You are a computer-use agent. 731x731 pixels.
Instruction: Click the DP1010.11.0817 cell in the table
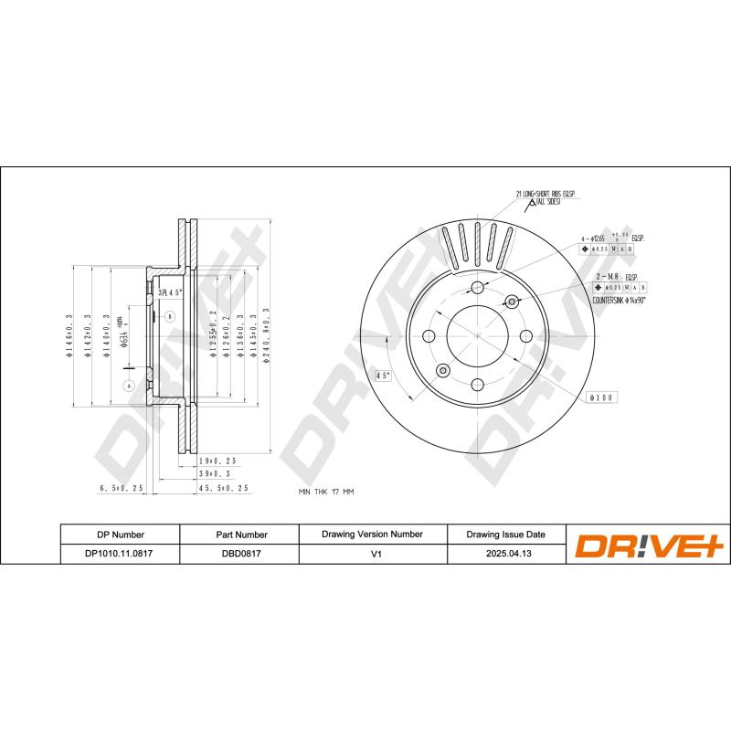(120, 554)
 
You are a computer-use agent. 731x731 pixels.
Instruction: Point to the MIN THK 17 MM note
(326, 492)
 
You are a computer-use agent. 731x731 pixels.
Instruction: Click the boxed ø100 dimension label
(604, 397)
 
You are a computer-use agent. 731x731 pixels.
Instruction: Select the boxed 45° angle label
(383, 376)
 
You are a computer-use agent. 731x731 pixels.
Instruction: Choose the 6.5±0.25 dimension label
(122, 489)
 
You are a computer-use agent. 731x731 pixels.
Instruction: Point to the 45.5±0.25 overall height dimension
(225, 489)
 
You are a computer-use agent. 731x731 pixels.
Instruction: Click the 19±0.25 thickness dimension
(217, 461)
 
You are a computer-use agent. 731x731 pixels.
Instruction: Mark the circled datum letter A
(128, 386)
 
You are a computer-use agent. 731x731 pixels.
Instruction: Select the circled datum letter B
(169, 317)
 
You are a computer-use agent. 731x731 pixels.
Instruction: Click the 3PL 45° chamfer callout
(171, 292)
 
